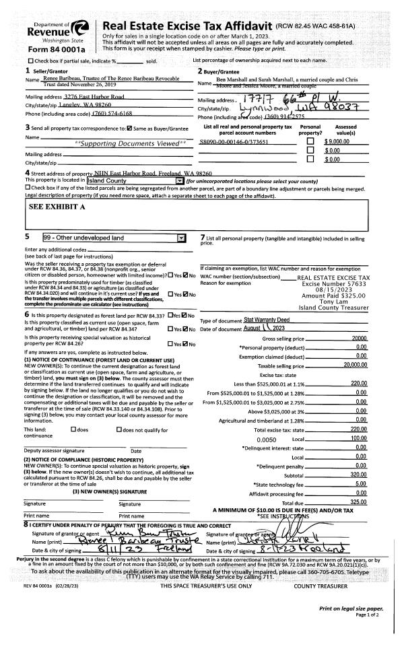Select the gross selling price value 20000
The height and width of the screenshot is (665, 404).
pyautogui.click(x=359, y=338)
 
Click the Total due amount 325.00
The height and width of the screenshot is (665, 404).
pyautogui.click(x=358, y=502)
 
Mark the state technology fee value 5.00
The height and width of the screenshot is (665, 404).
pyautogui.click(x=361, y=483)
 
